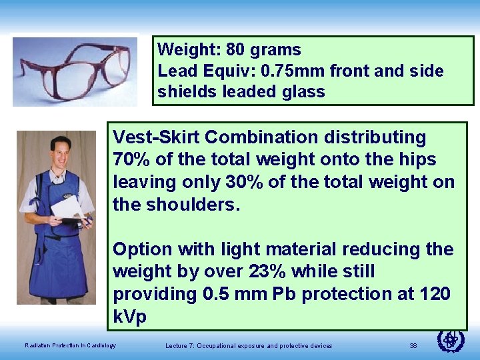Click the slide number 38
(413, 345)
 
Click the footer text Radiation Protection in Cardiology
(70, 345)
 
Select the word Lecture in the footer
(177, 345)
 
